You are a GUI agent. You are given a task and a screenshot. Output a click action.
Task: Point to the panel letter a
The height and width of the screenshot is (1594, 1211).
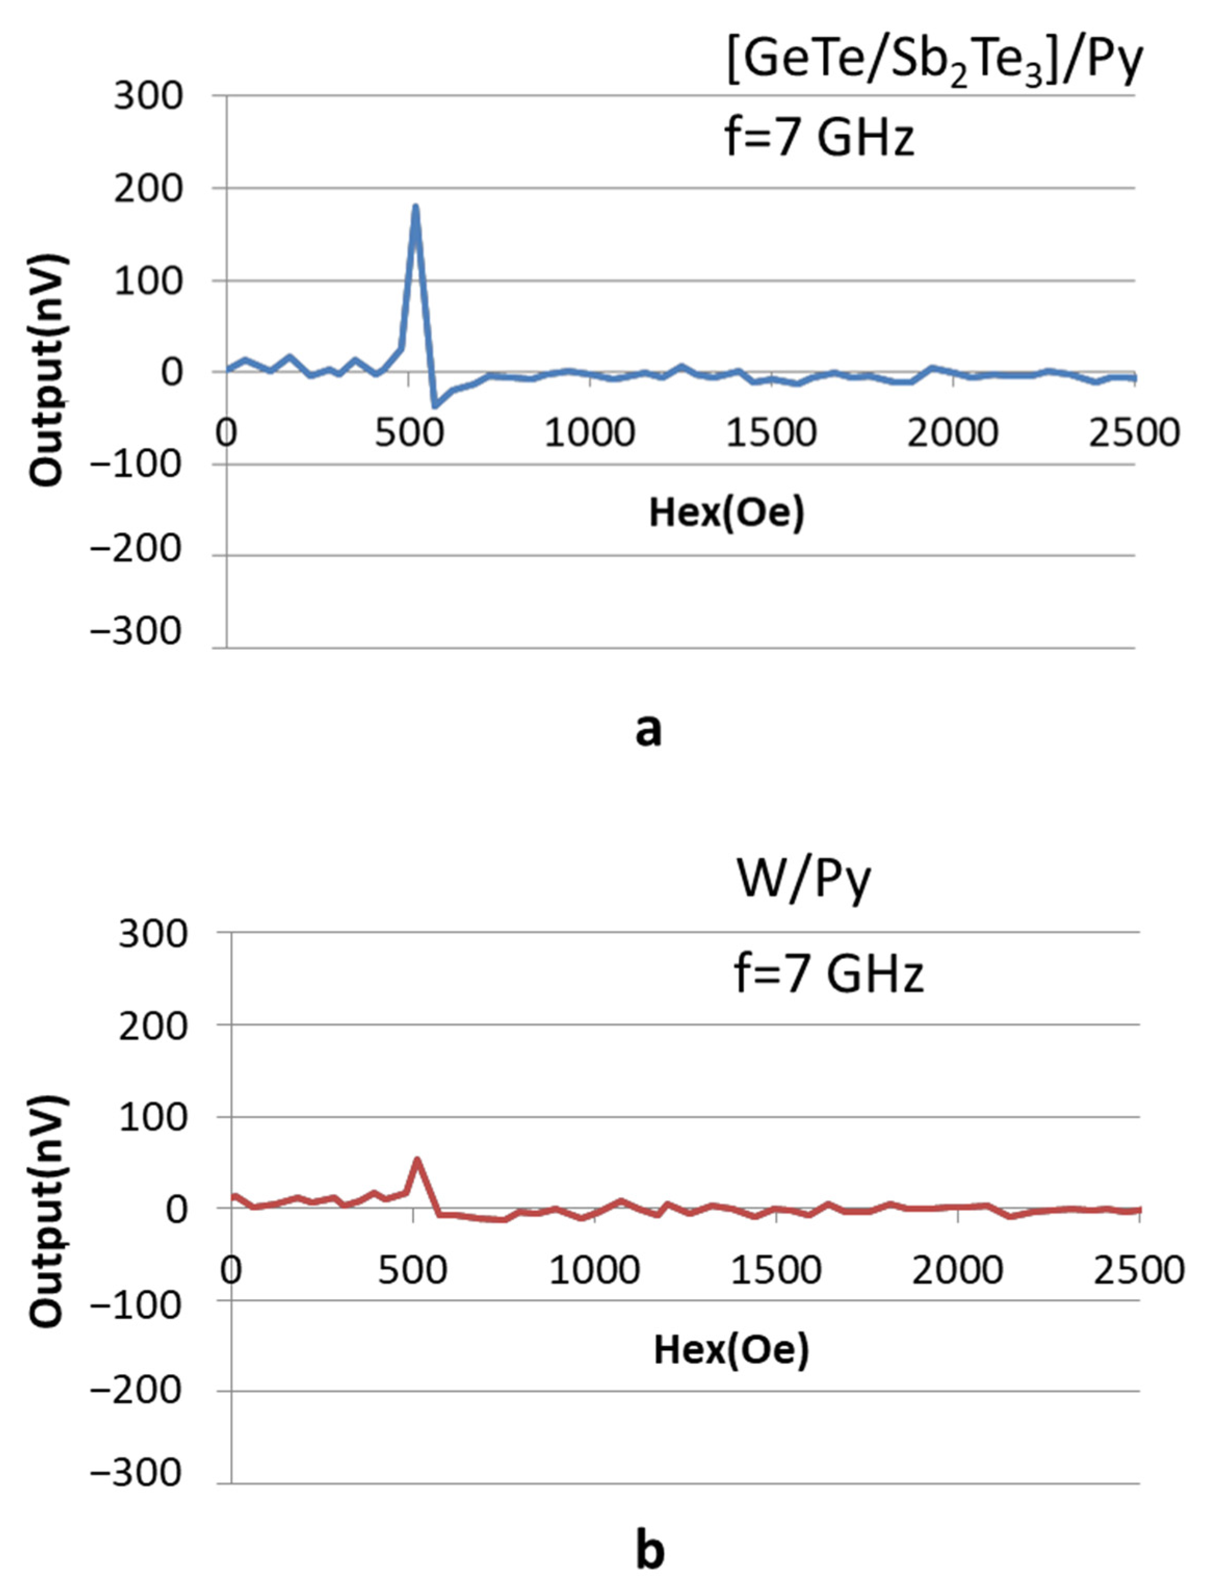tap(648, 730)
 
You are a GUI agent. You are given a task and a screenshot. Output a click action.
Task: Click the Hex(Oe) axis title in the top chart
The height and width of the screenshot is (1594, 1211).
tap(726, 513)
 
